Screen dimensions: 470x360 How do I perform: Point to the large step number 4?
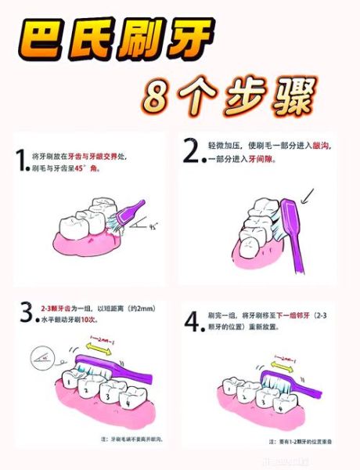tap(192, 323)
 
